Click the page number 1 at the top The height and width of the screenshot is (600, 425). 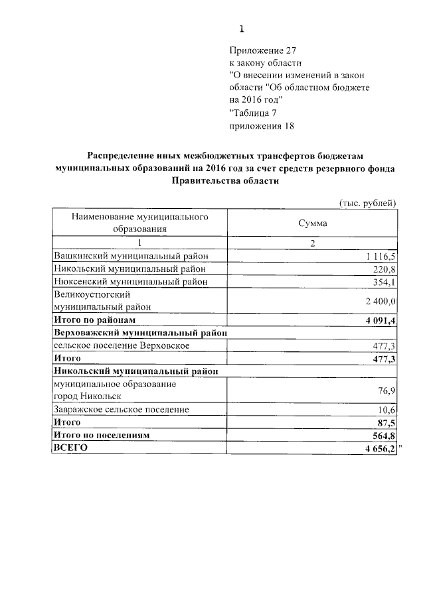point(242,29)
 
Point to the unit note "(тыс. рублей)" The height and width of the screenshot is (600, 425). point(368,202)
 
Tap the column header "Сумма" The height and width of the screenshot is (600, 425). point(312,223)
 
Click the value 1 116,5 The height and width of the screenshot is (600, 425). point(380,257)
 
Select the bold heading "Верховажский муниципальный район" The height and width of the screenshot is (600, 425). point(141,333)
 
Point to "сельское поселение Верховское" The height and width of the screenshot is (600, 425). point(122,345)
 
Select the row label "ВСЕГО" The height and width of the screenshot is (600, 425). point(70,448)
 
